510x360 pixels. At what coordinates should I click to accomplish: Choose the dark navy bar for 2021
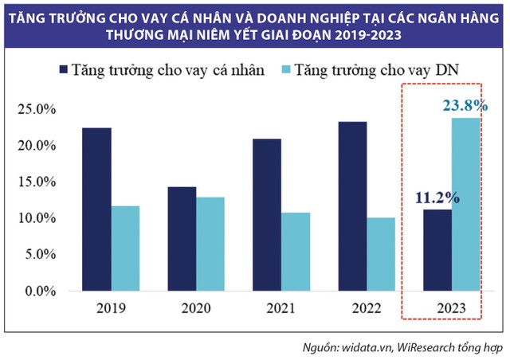(268, 215)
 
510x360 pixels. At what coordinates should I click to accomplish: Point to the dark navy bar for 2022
(352, 206)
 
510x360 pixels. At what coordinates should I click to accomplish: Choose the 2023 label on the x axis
(453, 308)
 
